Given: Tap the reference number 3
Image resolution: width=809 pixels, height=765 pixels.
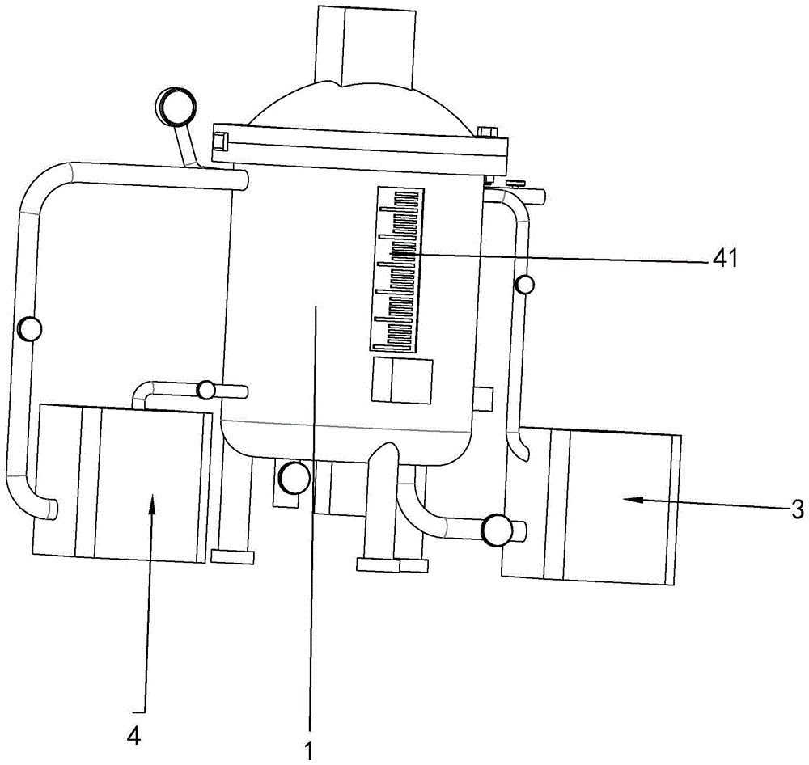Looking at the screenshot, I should (797, 509).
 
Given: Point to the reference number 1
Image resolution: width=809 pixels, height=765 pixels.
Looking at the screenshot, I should (308, 750).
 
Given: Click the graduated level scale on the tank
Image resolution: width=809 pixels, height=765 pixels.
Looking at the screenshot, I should (398, 270).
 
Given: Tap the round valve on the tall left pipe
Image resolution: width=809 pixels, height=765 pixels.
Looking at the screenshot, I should (30, 329).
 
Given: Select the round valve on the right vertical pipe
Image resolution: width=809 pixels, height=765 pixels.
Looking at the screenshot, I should (525, 285).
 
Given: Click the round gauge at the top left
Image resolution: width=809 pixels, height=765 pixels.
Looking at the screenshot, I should (177, 105).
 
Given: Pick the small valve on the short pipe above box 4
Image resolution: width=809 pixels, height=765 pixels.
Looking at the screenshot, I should (207, 391).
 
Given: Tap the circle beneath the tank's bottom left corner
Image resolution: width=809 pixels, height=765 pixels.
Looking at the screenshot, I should (293, 478).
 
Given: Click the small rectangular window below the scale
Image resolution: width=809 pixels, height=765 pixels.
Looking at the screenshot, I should (401, 381).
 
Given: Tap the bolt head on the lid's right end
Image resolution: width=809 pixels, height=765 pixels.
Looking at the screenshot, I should (488, 131).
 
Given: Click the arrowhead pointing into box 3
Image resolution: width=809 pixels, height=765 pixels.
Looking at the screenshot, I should (631, 500).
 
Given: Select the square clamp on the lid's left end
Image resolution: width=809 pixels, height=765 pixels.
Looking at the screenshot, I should (219, 143).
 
